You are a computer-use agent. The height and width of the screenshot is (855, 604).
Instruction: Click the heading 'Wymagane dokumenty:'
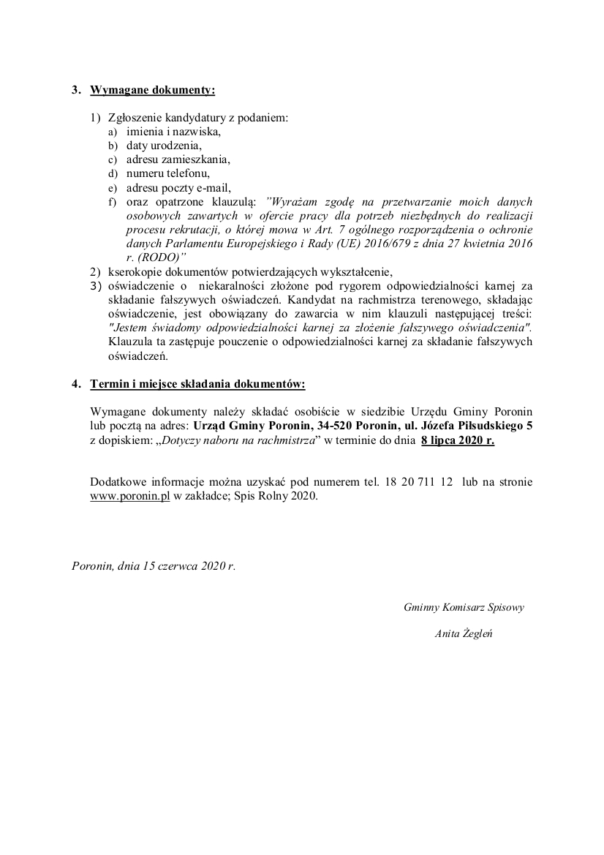[x=152, y=91]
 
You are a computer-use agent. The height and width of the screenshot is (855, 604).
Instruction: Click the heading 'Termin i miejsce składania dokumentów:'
[x=197, y=384]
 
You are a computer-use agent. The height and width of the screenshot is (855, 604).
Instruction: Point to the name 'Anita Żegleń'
[x=464, y=634]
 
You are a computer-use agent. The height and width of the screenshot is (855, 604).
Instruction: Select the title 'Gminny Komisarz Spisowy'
[x=464, y=607]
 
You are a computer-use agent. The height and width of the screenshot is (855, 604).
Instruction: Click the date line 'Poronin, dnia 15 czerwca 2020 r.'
[x=154, y=565]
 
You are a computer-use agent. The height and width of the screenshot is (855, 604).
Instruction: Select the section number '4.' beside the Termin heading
[x=76, y=384]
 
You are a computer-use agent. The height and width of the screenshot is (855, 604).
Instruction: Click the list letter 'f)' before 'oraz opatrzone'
[x=113, y=201]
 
